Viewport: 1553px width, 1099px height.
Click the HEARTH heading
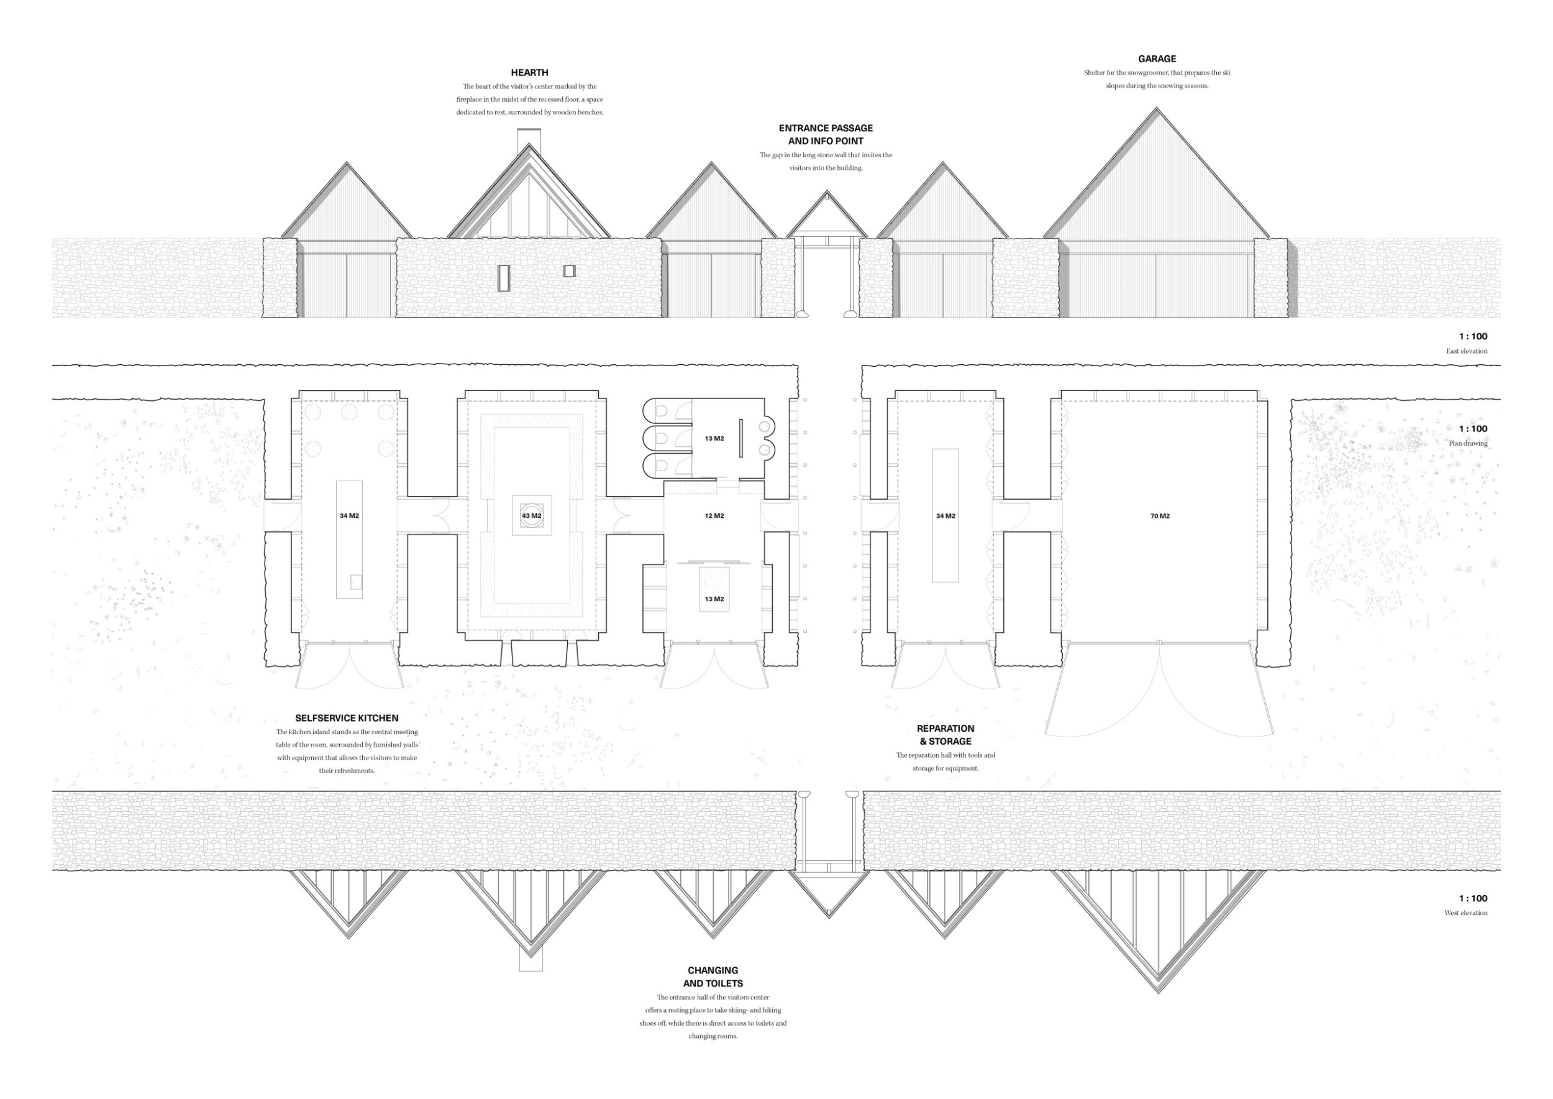click(x=530, y=72)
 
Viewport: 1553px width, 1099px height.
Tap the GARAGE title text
click(x=1157, y=59)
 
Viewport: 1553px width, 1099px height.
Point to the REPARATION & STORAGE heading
click(x=945, y=735)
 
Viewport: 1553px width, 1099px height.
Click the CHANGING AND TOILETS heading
click(x=713, y=977)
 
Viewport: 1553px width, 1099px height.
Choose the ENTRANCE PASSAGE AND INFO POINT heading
click(x=826, y=134)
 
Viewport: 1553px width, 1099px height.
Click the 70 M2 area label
click(x=1160, y=516)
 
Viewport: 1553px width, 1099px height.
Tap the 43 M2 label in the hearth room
click(x=532, y=516)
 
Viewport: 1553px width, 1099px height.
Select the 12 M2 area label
click(x=714, y=516)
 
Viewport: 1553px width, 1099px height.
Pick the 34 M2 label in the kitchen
click(x=349, y=516)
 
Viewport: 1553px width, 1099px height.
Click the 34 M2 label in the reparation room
click(x=945, y=516)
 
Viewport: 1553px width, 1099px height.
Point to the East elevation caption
click(x=1467, y=351)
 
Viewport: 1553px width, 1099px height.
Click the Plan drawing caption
click(x=1468, y=443)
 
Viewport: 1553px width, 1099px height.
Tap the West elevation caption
click(x=1466, y=913)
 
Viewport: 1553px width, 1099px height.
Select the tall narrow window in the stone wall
click(x=504, y=278)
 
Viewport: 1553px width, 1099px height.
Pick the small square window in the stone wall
click(x=570, y=270)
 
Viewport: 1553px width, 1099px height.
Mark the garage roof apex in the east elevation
click(x=1157, y=108)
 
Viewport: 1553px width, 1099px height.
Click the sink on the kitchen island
click(x=356, y=582)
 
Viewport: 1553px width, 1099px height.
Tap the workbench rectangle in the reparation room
click(x=945, y=515)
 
